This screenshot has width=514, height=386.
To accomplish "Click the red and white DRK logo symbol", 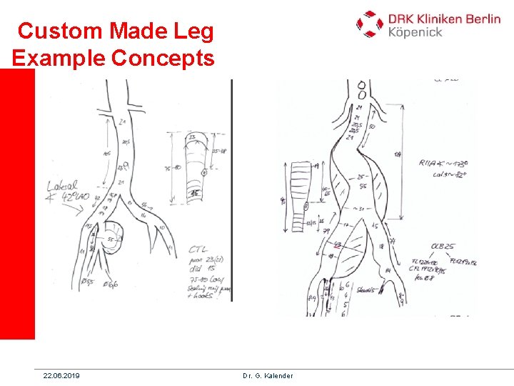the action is coord(370,24).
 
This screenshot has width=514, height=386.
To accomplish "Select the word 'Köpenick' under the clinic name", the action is coord(415,31).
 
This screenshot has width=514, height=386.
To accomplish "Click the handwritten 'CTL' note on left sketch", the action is coord(198,249).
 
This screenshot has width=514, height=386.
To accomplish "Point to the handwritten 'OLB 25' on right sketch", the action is coord(443,247).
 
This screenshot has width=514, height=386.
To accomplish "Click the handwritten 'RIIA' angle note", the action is coord(430,163).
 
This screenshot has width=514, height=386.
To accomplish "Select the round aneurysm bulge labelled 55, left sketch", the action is coord(112,237).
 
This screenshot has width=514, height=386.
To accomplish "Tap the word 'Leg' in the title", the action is coord(193,31).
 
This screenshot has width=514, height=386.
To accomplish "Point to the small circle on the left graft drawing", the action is coord(204,172).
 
